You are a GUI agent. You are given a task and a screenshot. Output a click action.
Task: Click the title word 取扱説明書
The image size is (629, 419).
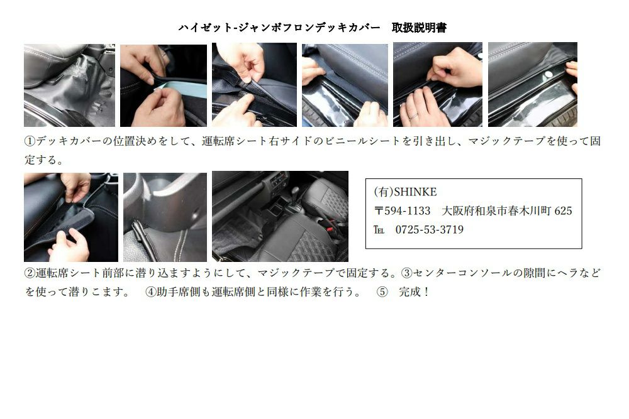[x=419, y=28]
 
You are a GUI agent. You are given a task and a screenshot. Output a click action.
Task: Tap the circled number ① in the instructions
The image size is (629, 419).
[x=30, y=141]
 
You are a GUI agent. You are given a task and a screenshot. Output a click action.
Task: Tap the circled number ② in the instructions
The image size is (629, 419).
[x=30, y=273]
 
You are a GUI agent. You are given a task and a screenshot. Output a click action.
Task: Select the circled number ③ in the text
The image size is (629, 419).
[x=406, y=273]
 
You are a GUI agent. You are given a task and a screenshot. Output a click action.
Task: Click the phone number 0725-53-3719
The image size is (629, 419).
[x=429, y=230]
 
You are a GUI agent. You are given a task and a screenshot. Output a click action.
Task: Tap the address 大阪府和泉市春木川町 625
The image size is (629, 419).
[x=507, y=211]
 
